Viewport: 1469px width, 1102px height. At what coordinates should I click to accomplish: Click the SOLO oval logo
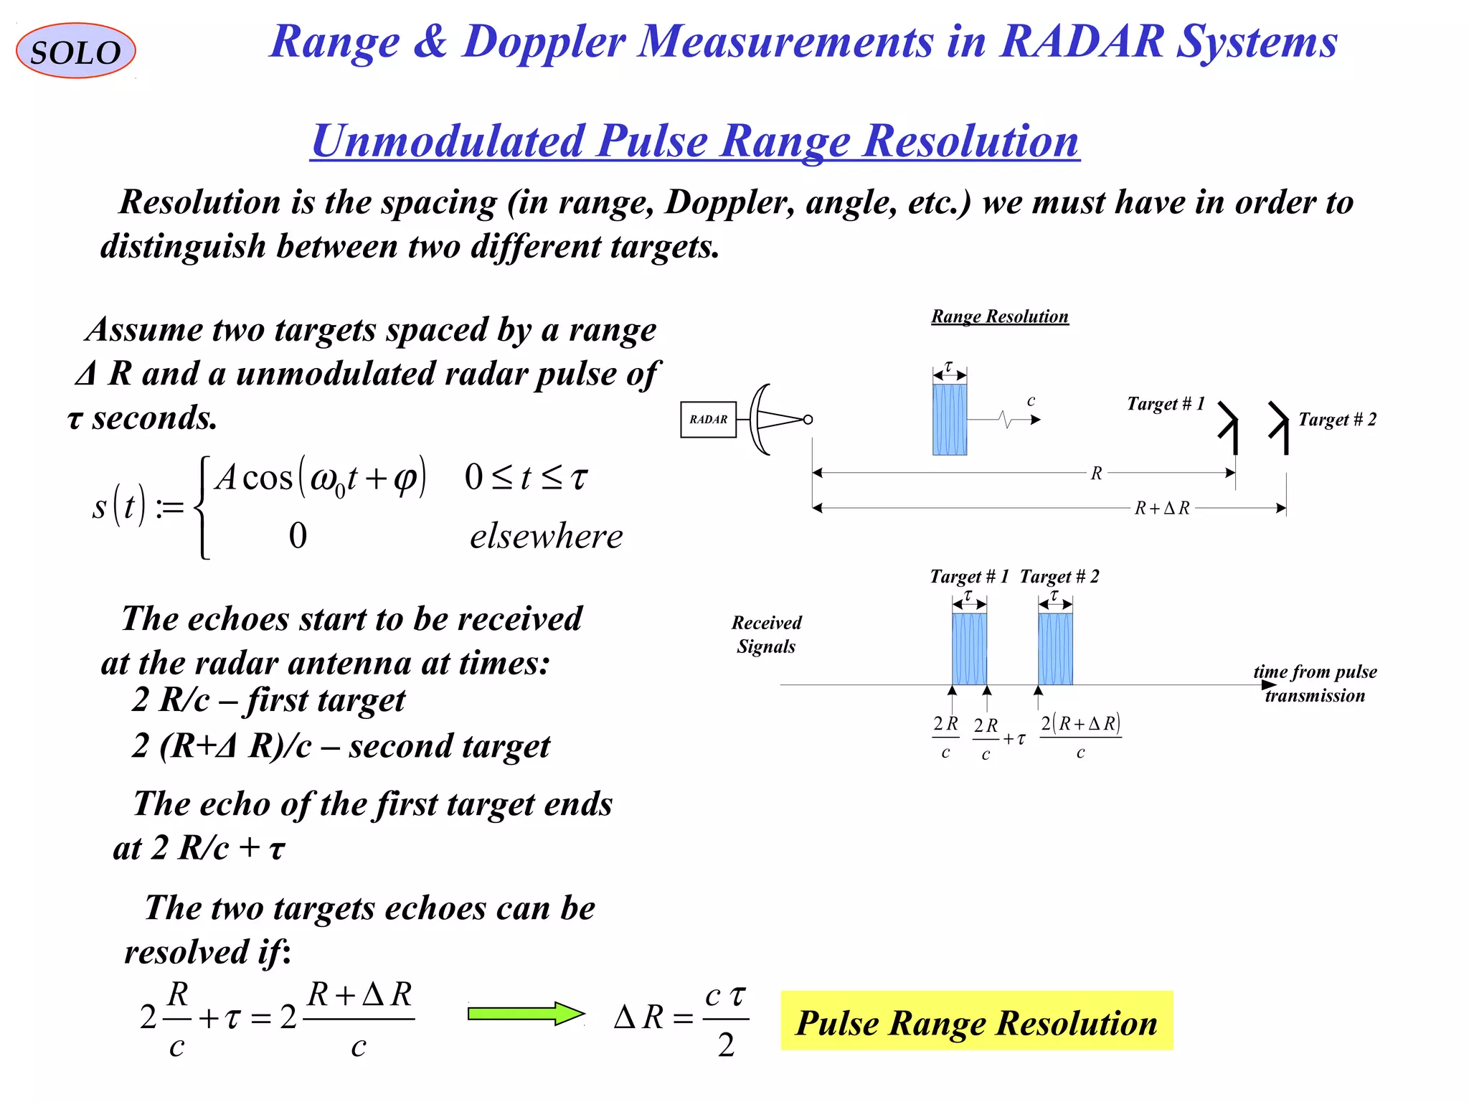(75, 51)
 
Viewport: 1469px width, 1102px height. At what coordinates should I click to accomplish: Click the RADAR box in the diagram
(708, 420)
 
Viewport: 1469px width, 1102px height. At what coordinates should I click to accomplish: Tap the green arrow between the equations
(526, 1014)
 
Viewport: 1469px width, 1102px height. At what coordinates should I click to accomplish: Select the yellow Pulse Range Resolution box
(976, 1022)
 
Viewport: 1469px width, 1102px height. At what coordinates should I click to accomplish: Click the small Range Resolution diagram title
(999, 316)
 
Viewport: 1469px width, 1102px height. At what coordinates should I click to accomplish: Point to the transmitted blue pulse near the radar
(949, 420)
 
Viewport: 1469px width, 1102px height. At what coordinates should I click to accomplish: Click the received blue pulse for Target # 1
(969, 649)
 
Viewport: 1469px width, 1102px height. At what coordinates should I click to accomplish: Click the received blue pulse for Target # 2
(1055, 649)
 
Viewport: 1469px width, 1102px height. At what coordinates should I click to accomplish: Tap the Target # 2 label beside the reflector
(1337, 420)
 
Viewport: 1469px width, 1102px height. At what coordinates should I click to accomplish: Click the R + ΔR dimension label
(1161, 509)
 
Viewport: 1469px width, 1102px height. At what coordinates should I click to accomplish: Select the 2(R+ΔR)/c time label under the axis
(1080, 737)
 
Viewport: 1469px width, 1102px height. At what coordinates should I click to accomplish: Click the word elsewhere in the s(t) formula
(546, 537)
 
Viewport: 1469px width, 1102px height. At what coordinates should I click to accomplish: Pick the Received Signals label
(766, 634)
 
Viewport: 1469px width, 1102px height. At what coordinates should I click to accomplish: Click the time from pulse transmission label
(1315, 683)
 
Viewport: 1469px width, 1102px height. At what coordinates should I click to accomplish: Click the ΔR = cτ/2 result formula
(681, 1018)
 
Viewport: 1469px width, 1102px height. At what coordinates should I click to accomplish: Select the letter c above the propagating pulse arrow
(1031, 401)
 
